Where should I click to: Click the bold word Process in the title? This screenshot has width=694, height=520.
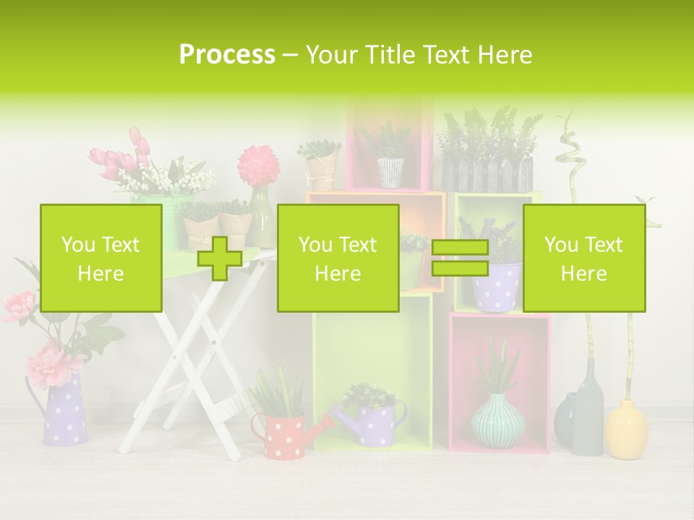pos(227,55)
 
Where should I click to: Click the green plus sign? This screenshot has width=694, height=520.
pos(220,259)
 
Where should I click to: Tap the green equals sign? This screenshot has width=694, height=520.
pos(460,259)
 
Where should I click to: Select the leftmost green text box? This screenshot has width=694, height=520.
pos(100,259)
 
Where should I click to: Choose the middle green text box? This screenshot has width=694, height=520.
pos(338,259)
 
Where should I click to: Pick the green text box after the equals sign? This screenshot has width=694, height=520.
pos(583,259)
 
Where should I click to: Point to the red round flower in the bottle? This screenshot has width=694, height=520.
pos(257,165)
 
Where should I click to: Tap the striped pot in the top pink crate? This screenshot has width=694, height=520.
pos(390,173)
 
